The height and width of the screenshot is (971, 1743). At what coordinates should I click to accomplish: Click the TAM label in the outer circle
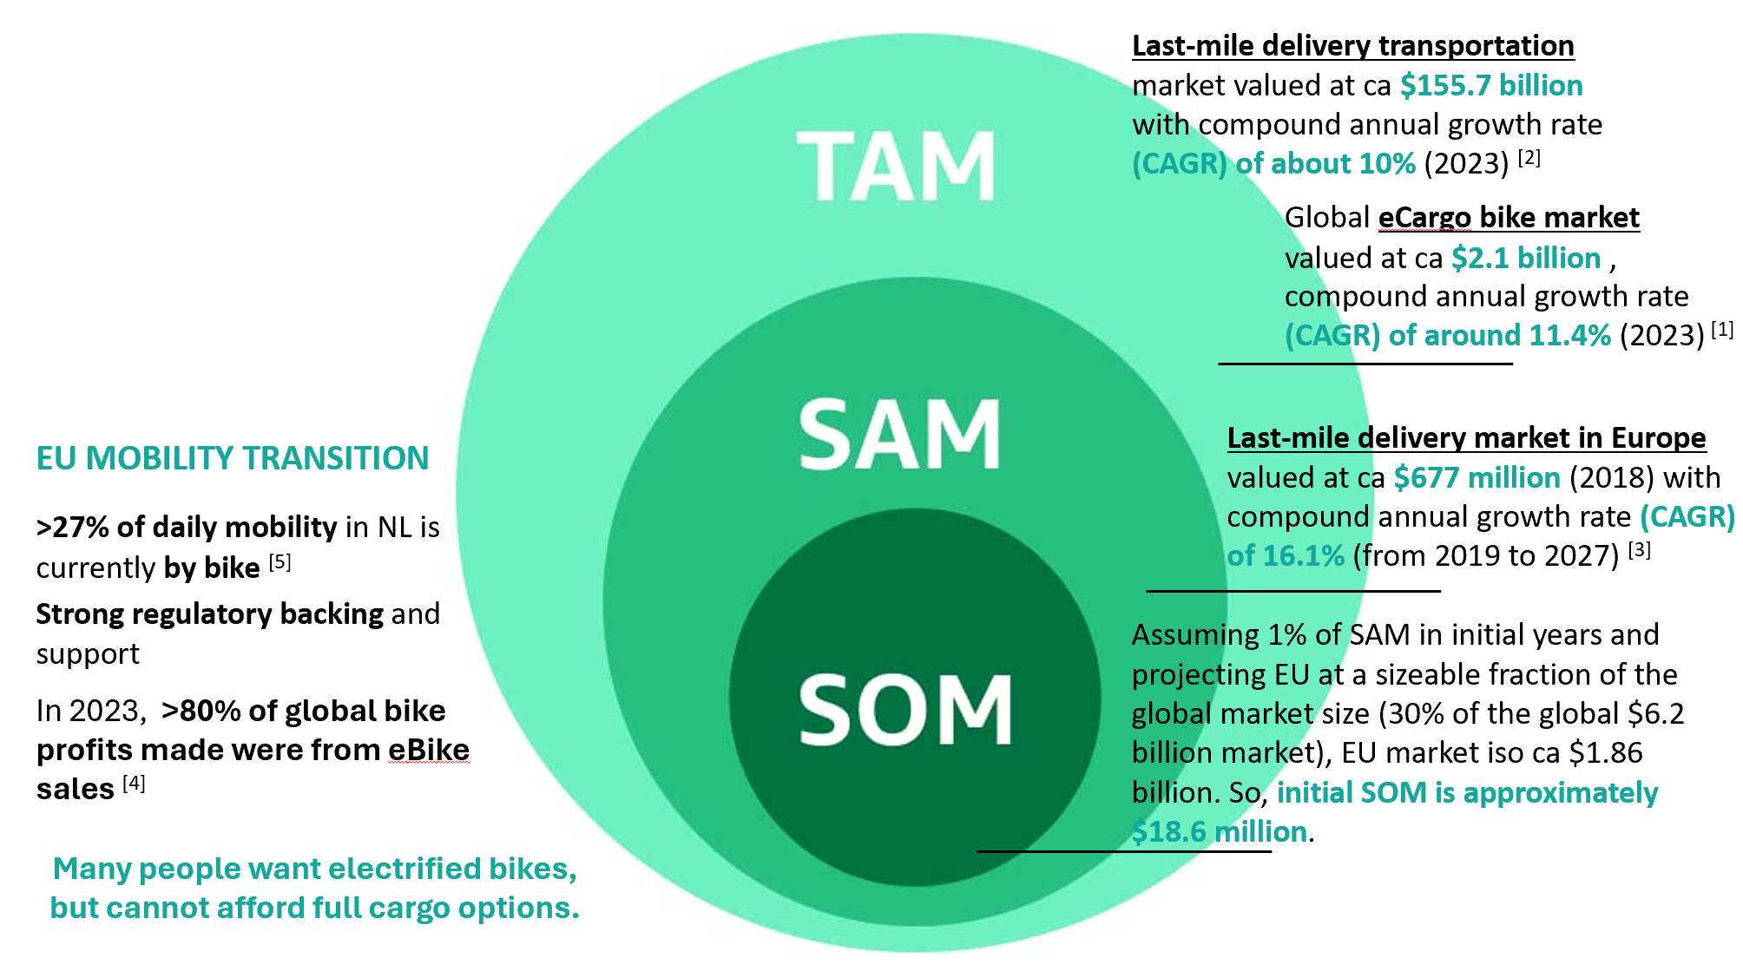897,167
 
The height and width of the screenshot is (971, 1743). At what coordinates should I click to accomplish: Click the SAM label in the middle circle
899,436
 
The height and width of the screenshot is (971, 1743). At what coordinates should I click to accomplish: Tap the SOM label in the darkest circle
904,711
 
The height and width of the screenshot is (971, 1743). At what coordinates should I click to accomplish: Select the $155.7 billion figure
1491,85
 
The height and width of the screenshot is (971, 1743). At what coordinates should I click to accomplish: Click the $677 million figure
1477,477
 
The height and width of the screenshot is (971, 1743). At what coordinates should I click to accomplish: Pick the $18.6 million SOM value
1219,831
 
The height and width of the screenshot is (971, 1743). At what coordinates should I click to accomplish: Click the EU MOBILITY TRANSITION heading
233,458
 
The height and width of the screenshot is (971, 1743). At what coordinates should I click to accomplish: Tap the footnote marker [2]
1529,158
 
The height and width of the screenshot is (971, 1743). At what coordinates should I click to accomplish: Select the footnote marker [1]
1722,330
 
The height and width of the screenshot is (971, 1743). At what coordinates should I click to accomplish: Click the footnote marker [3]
1639,550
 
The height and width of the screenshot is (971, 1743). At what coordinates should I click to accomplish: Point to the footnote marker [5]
280,562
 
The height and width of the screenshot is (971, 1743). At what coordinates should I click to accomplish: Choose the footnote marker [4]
134,784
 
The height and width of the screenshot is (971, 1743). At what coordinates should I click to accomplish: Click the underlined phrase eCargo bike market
1509,217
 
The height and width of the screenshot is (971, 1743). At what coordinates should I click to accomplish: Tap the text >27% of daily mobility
186,527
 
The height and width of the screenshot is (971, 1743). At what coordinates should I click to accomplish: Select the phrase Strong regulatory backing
209,613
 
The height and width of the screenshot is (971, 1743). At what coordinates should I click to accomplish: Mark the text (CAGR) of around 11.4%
1447,335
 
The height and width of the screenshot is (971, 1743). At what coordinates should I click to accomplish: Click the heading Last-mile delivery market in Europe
1466,437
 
